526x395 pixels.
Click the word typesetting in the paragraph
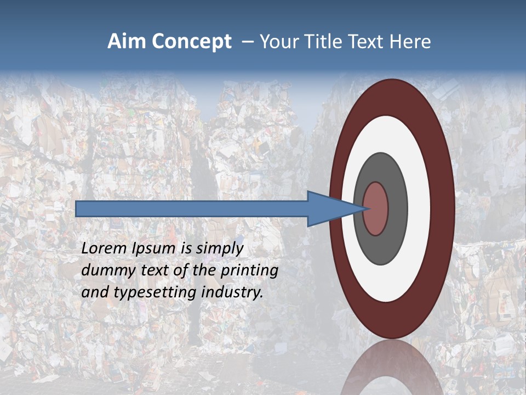[x=155, y=292]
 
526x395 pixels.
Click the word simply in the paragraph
[x=219, y=249]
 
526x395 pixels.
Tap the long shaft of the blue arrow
[x=192, y=209]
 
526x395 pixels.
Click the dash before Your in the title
[x=248, y=42]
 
